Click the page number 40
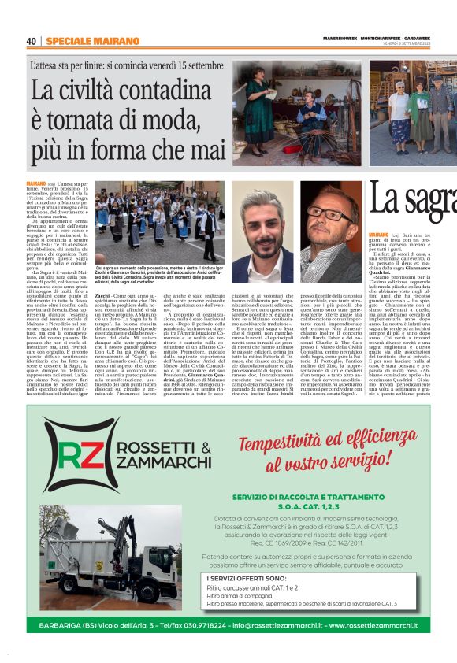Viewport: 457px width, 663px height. coord(32,41)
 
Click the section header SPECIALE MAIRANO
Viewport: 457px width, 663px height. coord(82,41)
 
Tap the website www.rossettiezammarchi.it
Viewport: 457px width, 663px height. coord(378,626)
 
